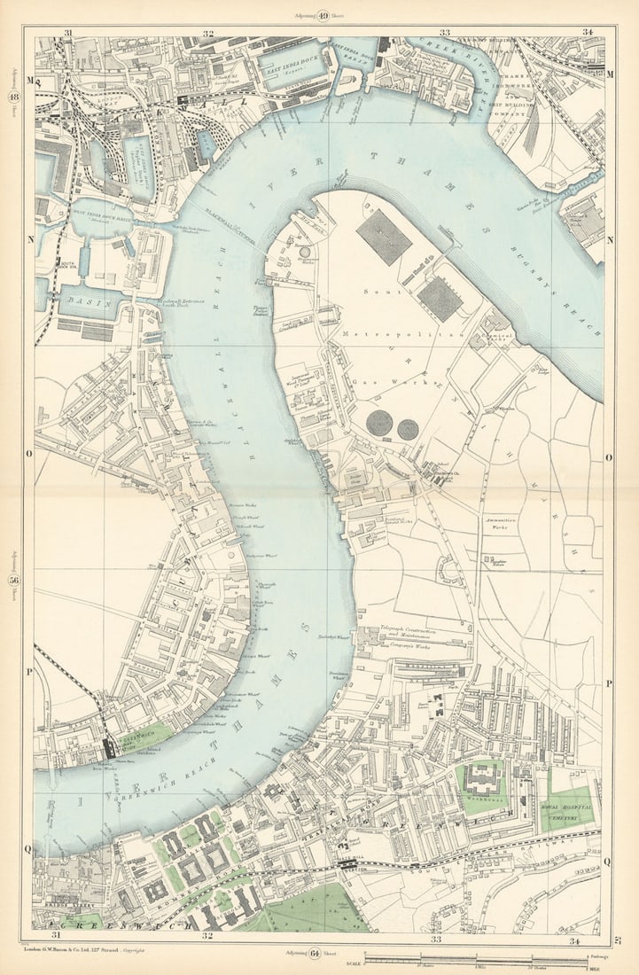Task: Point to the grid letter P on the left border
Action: (29, 672)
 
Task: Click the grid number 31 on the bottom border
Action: (57, 935)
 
